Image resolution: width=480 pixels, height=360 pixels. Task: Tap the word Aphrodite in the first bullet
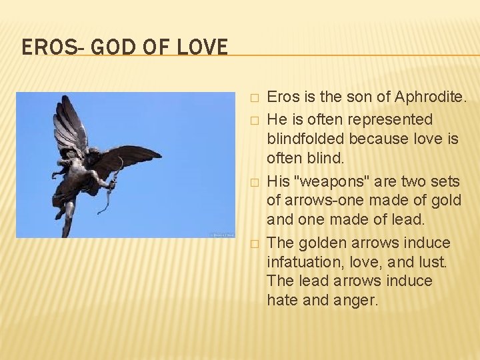pyautogui.click(x=430, y=97)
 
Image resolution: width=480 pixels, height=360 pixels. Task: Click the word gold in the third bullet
pyautogui.click(x=446, y=201)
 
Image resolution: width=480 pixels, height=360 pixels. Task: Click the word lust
pyautogui.click(x=433, y=262)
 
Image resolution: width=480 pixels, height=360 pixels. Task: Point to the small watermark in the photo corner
pyautogui.click(x=221, y=235)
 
